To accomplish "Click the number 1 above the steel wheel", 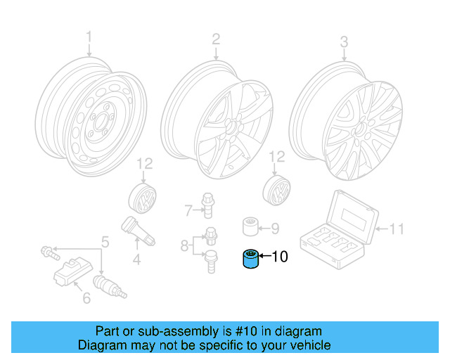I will [x=89, y=37].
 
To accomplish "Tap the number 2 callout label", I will [x=216, y=39].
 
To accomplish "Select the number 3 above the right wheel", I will [x=344, y=41].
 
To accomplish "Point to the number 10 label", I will [x=279, y=257].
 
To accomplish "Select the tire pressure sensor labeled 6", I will [x=71, y=274].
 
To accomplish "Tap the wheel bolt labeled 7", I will [x=208, y=205].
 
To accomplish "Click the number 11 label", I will [x=397, y=229].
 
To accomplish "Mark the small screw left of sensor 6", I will [x=46, y=250].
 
